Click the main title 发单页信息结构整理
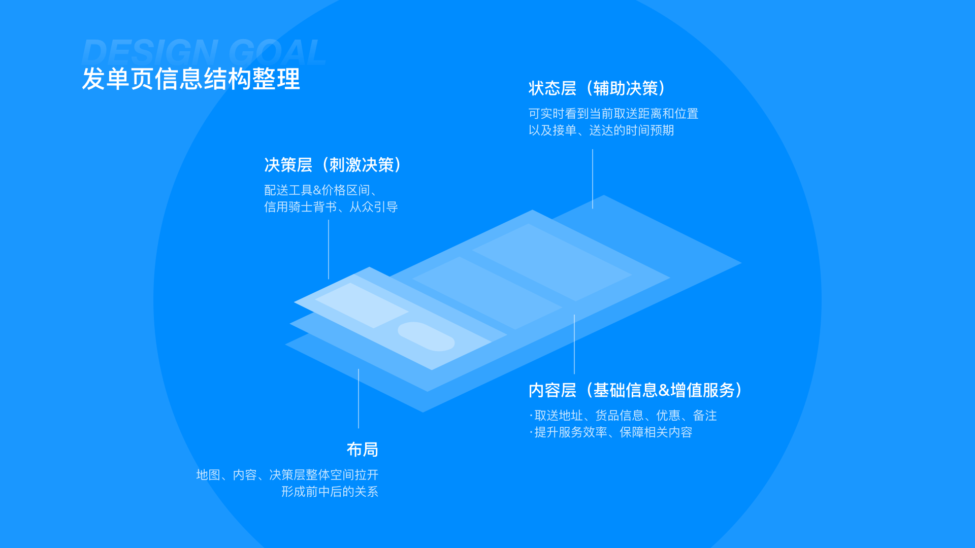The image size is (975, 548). click(191, 79)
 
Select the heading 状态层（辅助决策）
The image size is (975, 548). click(597, 89)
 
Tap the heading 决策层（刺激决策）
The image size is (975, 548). click(333, 165)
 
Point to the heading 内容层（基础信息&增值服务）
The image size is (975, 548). click(636, 390)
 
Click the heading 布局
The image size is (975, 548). click(362, 450)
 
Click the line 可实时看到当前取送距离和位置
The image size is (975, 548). click(613, 114)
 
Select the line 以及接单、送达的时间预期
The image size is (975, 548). click(601, 130)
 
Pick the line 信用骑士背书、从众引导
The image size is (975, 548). click(331, 207)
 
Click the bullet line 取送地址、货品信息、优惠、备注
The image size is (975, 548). click(625, 416)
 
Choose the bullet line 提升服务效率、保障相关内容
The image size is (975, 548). click(613, 432)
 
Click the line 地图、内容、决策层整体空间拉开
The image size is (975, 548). click(287, 475)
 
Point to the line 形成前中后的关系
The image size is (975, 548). click(330, 492)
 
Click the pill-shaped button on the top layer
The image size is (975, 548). click(426, 336)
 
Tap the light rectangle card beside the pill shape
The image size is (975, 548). click(362, 305)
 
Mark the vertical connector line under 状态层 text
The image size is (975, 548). click(593, 179)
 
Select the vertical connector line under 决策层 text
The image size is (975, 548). click(329, 249)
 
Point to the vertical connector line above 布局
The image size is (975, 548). click(359, 398)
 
